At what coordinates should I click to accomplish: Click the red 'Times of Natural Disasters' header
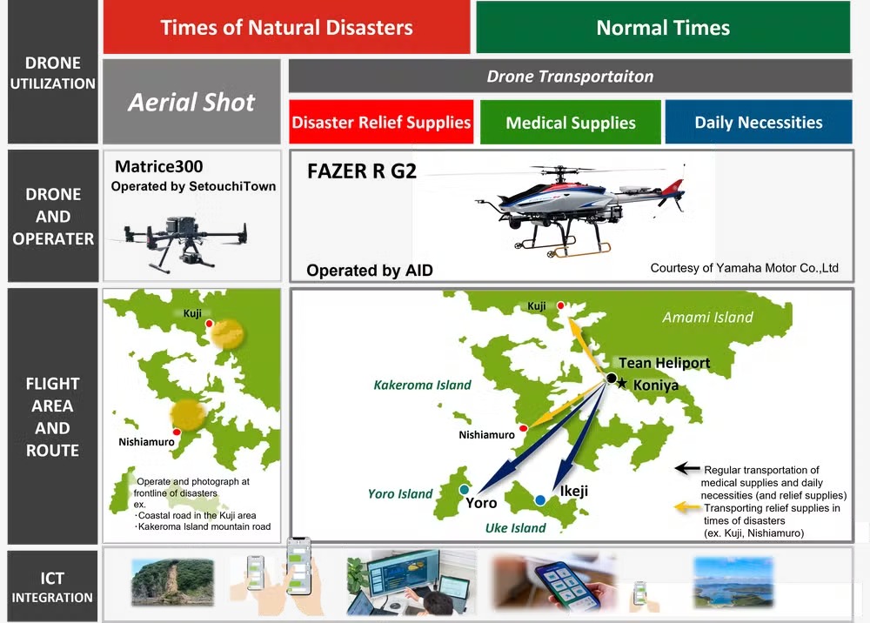click(286, 27)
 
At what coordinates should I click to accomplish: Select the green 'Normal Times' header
click(663, 27)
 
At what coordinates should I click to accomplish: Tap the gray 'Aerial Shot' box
click(191, 102)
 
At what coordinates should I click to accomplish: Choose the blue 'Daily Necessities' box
click(758, 123)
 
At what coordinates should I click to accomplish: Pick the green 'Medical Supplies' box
click(570, 123)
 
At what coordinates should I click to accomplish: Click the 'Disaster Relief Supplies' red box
click(381, 123)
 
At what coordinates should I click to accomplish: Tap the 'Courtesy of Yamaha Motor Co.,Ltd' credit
click(744, 268)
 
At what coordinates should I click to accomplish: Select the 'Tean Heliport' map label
click(664, 363)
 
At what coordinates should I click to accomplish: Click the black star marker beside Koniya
click(621, 384)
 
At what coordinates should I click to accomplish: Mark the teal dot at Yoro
click(465, 490)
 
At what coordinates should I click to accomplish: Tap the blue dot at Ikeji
click(540, 499)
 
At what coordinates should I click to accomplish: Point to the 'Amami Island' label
click(707, 318)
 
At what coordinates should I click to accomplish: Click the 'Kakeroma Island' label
click(422, 385)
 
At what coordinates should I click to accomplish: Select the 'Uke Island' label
click(516, 527)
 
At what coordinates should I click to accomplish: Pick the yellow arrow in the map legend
click(687, 506)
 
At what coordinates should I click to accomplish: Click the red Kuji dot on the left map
click(209, 324)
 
